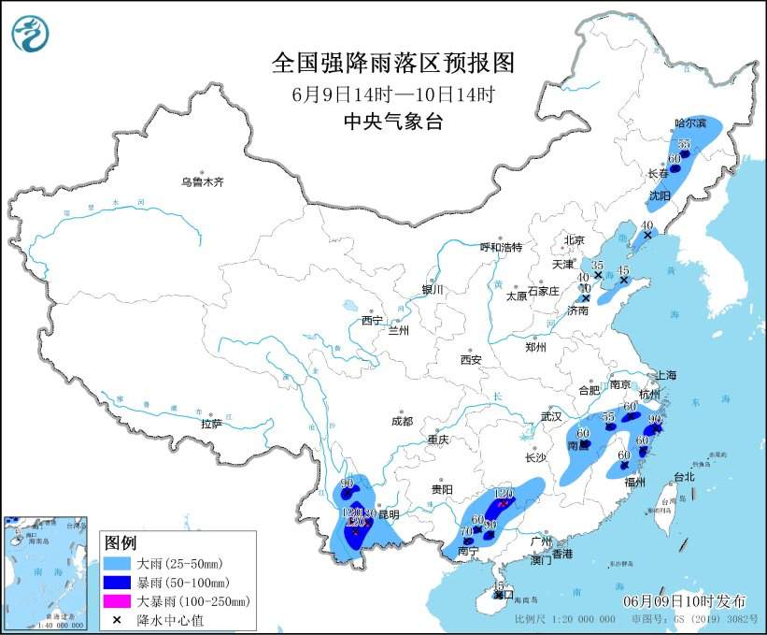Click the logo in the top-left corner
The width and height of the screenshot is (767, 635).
coord(30,34)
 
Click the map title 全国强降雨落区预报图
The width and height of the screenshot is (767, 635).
coord(392,64)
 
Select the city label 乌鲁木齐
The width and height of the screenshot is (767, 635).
coord(203,181)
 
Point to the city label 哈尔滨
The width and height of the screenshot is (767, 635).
coord(691,123)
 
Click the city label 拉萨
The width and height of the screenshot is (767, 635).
coord(211,424)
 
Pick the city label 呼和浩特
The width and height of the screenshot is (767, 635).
coord(501,247)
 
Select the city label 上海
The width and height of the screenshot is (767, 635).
coord(666,374)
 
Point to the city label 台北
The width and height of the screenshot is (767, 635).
coord(684,476)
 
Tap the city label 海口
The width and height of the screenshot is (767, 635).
coord(504,594)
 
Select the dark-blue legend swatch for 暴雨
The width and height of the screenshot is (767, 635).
coord(119,584)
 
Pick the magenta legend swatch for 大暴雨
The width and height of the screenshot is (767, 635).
coord(119,601)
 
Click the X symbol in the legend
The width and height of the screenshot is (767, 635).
coord(119,619)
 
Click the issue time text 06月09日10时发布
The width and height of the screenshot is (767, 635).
coord(685,599)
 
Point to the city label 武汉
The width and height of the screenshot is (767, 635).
coord(551,415)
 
